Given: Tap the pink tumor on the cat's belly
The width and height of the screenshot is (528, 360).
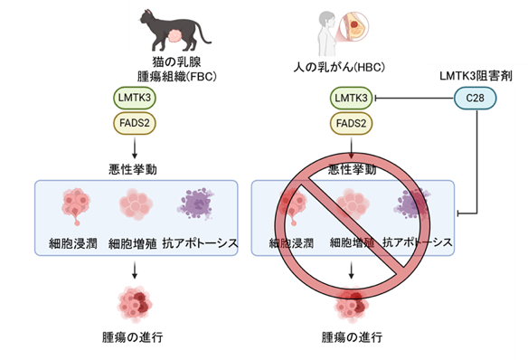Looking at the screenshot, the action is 175,36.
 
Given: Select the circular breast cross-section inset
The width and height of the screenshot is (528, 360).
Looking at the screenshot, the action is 354,26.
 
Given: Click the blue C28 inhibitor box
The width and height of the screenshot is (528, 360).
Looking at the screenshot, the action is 476,98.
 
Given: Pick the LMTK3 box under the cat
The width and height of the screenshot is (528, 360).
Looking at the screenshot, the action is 135,98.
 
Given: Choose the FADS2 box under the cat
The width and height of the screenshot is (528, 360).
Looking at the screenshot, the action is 135,123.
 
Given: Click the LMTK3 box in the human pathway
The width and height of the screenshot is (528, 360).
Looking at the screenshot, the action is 351,98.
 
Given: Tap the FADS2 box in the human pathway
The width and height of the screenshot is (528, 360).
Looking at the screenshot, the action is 351,123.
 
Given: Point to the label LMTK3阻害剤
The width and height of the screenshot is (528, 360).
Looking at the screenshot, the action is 476,76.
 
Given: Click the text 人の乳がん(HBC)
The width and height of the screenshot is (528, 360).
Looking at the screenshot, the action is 339,67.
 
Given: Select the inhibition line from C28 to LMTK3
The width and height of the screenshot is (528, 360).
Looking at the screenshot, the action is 414,99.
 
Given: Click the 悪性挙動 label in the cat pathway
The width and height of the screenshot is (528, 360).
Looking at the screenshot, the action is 133,169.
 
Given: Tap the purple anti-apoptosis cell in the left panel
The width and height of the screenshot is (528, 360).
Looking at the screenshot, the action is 196,204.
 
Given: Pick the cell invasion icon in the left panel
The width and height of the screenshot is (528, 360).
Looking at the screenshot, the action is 76,205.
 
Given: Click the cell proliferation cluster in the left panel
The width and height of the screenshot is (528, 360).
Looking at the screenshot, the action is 136,204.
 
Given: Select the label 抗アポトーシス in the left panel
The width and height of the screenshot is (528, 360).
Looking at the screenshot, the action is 200,243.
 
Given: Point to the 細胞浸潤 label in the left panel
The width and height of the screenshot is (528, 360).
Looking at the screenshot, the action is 73,243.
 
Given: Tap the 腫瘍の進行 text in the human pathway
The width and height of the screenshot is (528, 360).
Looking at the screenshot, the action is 352,336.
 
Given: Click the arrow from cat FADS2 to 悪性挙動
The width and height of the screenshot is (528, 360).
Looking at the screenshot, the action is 135,147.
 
